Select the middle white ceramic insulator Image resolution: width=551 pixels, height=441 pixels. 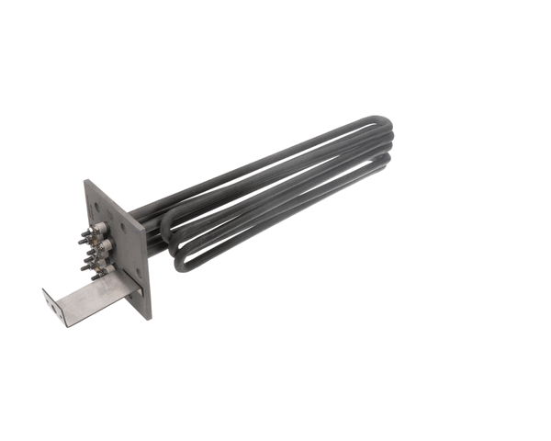point(107,244)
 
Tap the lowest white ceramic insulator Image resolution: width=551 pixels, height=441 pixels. point(108,268)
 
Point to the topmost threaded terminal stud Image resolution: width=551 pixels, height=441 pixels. point(85,233)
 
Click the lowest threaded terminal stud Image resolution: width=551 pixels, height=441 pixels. point(95,277)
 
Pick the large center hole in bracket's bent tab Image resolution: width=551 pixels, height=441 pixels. point(54,308)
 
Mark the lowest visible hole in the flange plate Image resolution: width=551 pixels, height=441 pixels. point(139,271)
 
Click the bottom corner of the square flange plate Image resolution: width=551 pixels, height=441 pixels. point(150,318)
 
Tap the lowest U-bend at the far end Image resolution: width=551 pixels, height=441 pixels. point(387,165)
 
